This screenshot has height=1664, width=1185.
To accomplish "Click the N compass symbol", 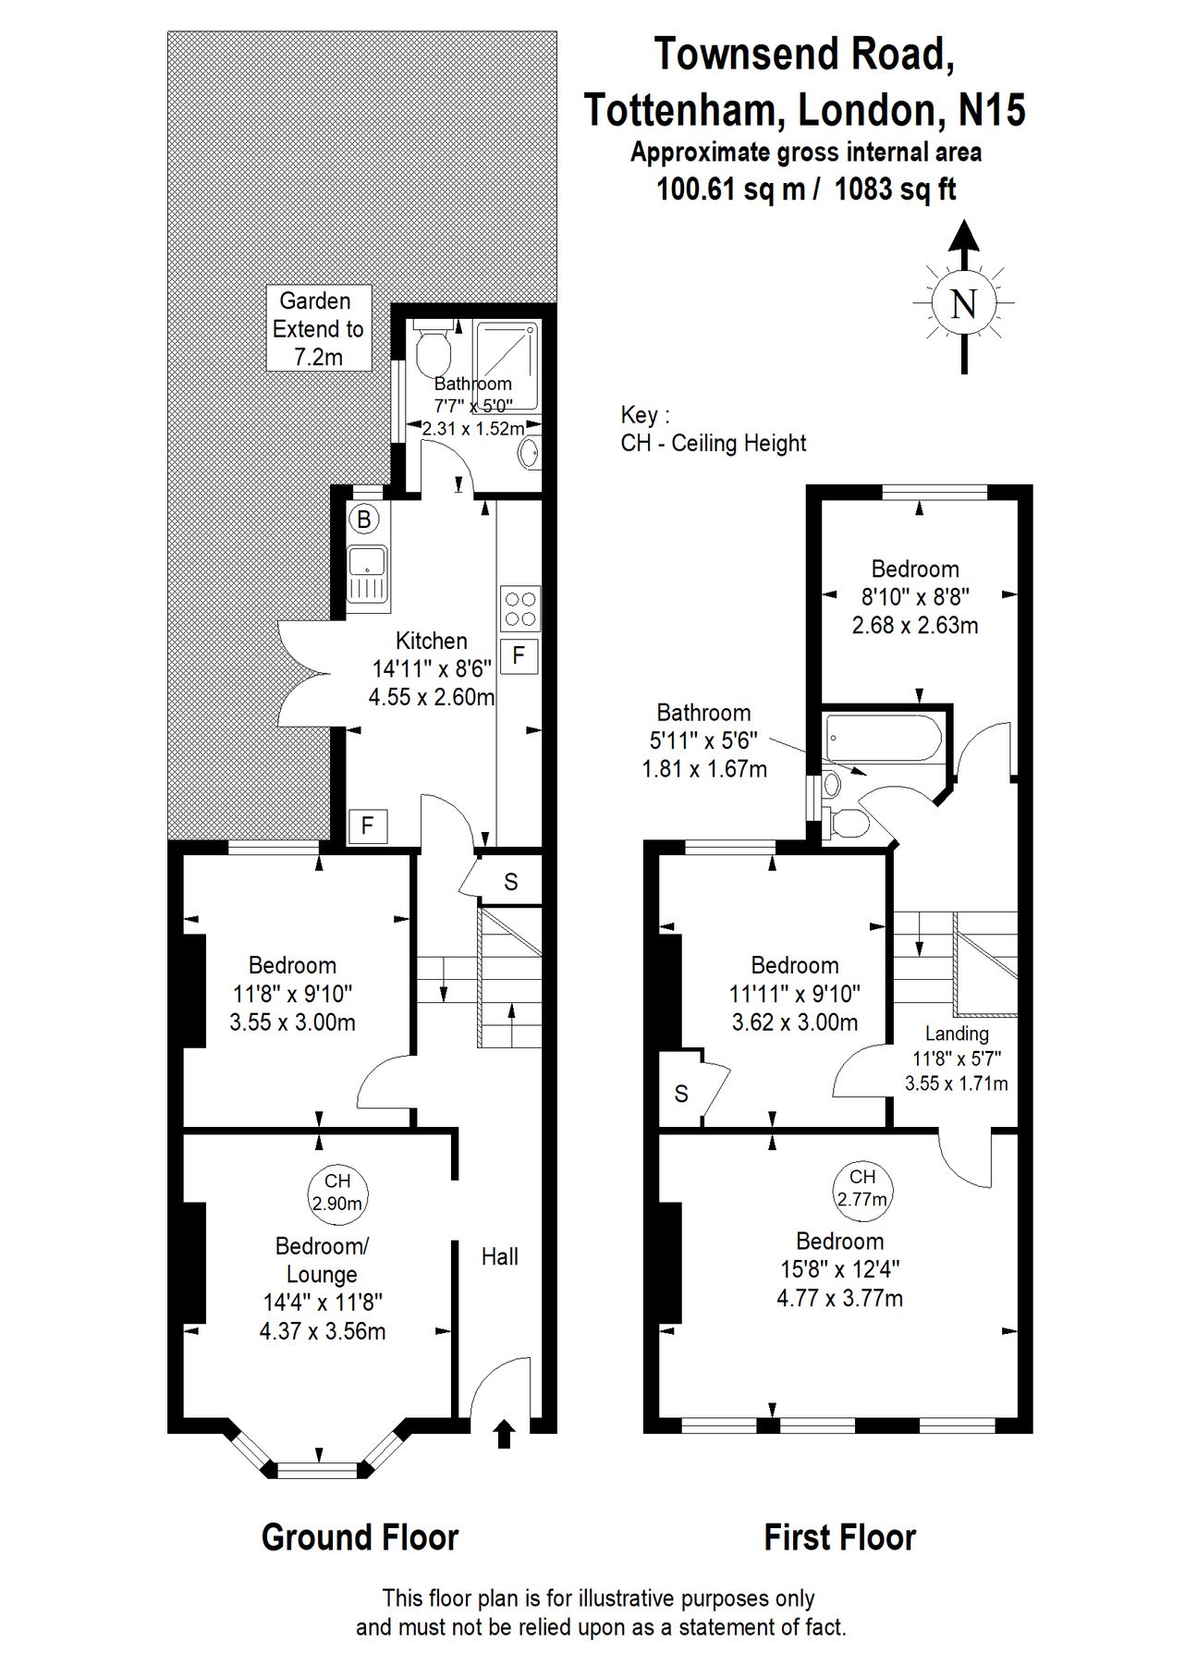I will pos(963,303).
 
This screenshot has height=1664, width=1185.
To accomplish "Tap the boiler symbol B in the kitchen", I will pos(363,520).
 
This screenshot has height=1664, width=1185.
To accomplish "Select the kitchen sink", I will pos(367,573).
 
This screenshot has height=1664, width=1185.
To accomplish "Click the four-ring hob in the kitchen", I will pos(519,608).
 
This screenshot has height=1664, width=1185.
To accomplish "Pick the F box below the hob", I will pos(519,656).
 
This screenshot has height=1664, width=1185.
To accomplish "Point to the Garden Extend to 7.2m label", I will pos(318,328).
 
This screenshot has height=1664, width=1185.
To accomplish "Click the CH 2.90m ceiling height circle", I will pos(337,1192).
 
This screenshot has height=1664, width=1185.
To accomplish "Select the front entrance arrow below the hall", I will pos(504,1434).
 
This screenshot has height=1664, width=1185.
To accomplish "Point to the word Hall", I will pos(499,1256).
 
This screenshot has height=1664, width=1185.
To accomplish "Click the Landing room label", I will pos(957,1034).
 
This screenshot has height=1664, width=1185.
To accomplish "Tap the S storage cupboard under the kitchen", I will pos(511,882).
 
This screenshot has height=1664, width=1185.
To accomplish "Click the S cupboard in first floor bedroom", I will pos(681,1095).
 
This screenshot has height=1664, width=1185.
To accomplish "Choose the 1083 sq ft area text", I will pos(894,190).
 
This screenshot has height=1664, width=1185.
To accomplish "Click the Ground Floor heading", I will pos(360,1537).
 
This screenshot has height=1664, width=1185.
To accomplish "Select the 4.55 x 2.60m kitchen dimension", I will pos(431,697).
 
